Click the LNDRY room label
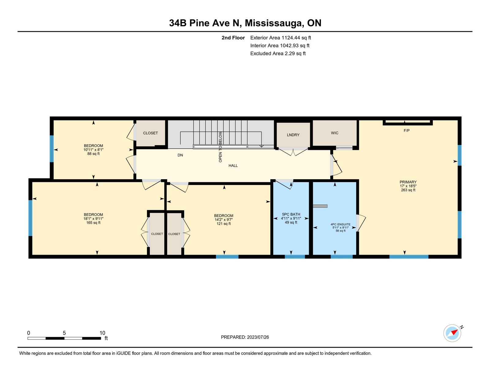293,135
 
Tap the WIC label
334,133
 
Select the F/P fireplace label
406,131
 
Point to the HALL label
233,166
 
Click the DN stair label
180,155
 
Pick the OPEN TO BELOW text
220,147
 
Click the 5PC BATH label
291,215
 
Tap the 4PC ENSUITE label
340,224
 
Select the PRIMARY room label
408,182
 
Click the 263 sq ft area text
408,190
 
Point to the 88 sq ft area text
93,154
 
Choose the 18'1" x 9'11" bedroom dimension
93,219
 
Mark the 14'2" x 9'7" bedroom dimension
224,220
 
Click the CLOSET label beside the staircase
150,133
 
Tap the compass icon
452,333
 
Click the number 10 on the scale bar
102,333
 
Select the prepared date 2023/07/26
258,337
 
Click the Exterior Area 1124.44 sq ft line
281,38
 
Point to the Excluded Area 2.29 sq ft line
278,54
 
